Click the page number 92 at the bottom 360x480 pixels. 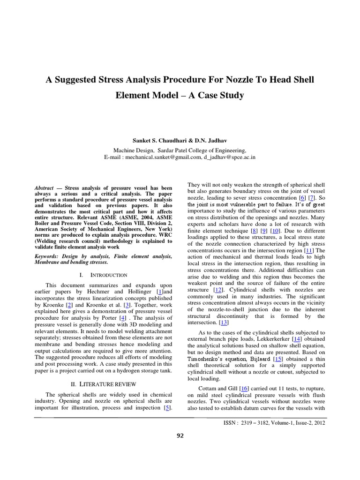pos(180,435)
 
